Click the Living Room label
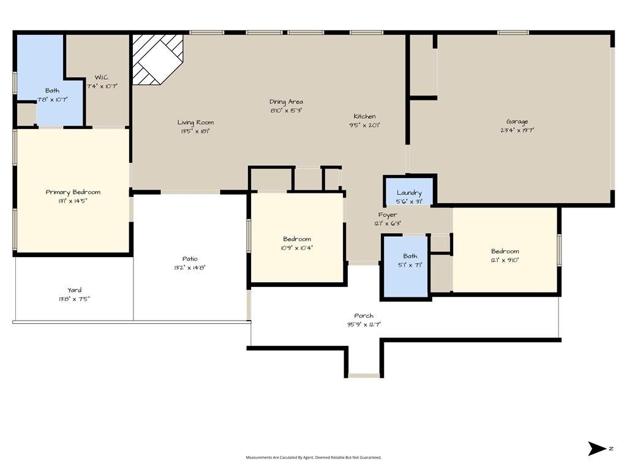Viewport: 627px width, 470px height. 195,122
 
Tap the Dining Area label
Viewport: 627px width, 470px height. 286,102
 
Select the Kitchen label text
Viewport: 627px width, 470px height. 364,116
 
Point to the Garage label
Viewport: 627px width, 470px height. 517,122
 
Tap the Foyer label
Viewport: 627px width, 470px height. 387,215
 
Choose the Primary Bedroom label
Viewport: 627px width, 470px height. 73,192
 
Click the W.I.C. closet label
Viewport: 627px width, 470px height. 102,78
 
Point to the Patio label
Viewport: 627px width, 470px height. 190,259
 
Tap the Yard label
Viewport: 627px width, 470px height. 74,290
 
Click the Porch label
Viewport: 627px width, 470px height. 364,316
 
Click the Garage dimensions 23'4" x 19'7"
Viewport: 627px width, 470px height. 517,130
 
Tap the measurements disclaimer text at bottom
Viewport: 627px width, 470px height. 313,457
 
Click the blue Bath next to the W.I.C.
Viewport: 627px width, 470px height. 52,92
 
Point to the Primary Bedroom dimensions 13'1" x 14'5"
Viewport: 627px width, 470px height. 73,201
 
